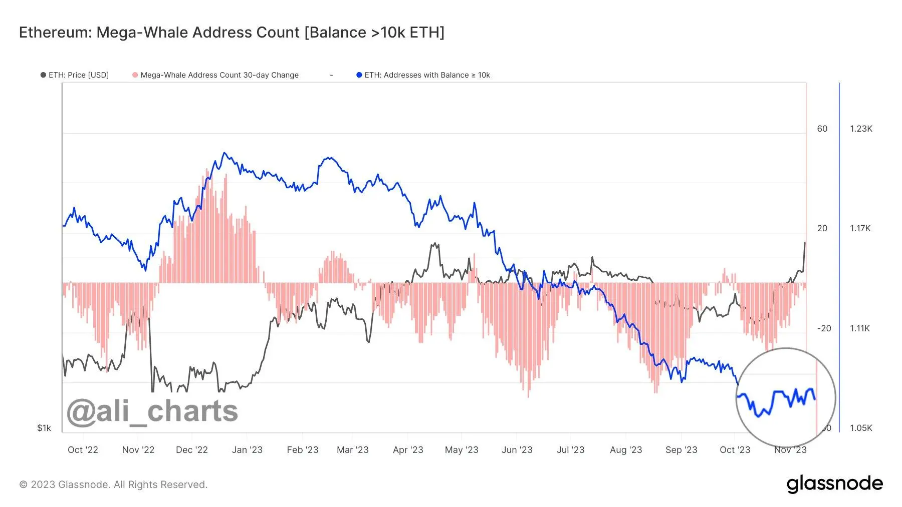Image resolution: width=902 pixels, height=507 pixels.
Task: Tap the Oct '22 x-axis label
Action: (83, 450)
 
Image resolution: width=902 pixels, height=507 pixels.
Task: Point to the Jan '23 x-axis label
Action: (247, 450)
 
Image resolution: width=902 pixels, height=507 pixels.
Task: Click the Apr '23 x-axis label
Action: (408, 450)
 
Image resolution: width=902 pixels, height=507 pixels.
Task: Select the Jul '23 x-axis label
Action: (570, 450)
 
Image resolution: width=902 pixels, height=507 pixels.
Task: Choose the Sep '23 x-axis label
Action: (681, 450)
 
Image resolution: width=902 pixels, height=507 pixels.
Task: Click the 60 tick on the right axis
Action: (822, 129)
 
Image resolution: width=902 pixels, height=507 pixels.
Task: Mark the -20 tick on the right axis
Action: (824, 328)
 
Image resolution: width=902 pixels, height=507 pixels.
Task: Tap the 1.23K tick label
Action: (861, 129)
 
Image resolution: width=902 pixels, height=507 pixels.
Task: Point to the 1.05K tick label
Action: (861, 428)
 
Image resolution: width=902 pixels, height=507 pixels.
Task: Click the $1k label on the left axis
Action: (44, 428)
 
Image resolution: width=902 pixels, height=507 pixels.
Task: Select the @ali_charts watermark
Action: (152, 411)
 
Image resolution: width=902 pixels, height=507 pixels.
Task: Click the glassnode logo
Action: (834, 484)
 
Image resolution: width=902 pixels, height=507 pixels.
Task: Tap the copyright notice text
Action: (113, 484)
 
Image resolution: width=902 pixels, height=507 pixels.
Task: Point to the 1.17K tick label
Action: (861, 228)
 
